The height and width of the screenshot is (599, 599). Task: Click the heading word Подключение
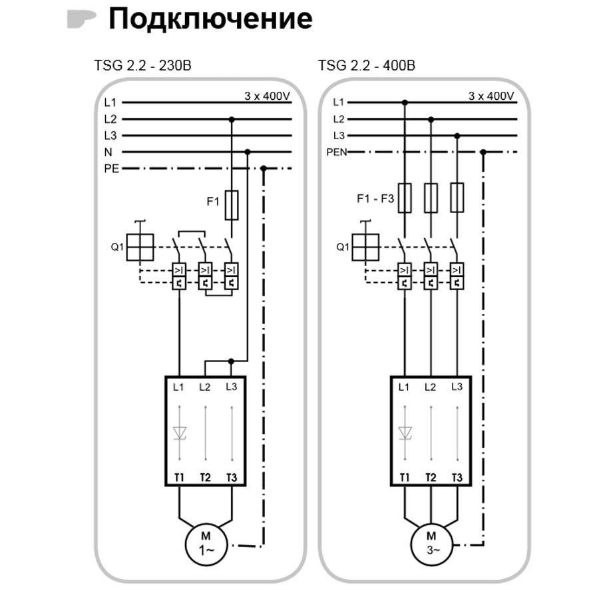[x=210, y=19]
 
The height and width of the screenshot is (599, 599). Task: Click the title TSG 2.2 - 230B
[x=142, y=65]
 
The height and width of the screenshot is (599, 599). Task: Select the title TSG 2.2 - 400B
[x=366, y=65]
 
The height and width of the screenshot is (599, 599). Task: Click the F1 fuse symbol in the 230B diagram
[x=232, y=205]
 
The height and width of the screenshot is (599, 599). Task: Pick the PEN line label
[x=337, y=152]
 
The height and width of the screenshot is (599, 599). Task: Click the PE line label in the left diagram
[x=112, y=168]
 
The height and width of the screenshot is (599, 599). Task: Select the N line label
[x=108, y=152]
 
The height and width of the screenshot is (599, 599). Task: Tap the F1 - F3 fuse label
[x=375, y=198]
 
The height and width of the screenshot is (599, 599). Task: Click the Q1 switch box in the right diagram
[x=365, y=247]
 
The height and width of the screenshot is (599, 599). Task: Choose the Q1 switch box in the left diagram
[x=140, y=247]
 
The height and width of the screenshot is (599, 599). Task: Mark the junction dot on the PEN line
[x=483, y=152]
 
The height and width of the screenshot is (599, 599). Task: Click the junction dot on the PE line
[x=263, y=168]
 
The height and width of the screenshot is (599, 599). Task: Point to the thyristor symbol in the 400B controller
[x=405, y=433]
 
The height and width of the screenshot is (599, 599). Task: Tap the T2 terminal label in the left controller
[x=205, y=477]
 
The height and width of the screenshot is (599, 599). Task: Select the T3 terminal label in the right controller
[x=457, y=477]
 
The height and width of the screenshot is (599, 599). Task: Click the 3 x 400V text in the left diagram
[x=267, y=96]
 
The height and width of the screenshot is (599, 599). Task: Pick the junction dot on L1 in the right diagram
[x=405, y=102]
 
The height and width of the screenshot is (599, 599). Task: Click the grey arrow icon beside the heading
[x=81, y=19]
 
